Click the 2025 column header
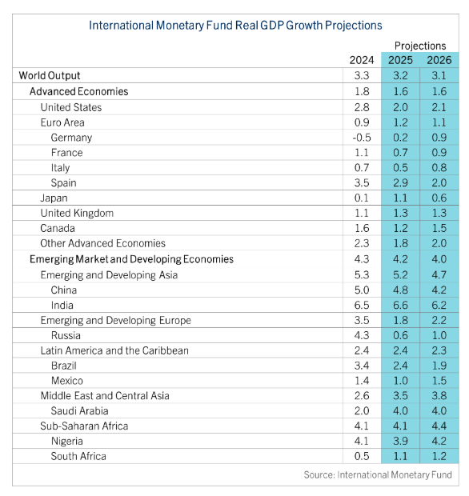pyautogui.click(x=400, y=60)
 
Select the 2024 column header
pyautogui.click(x=362, y=60)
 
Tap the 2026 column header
pyautogui.click(x=439, y=60)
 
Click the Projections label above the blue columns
pyautogui.click(x=420, y=46)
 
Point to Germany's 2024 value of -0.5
pyautogui.click(x=362, y=138)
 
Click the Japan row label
pyautogui.click(x=54, y=198)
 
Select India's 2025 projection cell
pyautogui.click(x=400, y=306)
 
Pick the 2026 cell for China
pyautogui.click(x=439, y=290)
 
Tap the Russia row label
pyautogui.click(x=66, y=336)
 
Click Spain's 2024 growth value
pyautogui.click(x=362, y=183)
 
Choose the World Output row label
pyautogui.click(x=50, y=76)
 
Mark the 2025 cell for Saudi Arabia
pyautogui.click(x=400, y=411)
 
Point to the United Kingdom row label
pyautogui.click(x=77, y=214)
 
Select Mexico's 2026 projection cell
pyautogui.click(x=439, y=381)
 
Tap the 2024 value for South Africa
pyautogui.click(x=362, y=457)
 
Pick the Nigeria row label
pyautogui.click(x=67, y=442)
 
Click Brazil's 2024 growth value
pyautogui.click(x=362, y=366)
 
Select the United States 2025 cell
pyautogui.click(x=400, y=107)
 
